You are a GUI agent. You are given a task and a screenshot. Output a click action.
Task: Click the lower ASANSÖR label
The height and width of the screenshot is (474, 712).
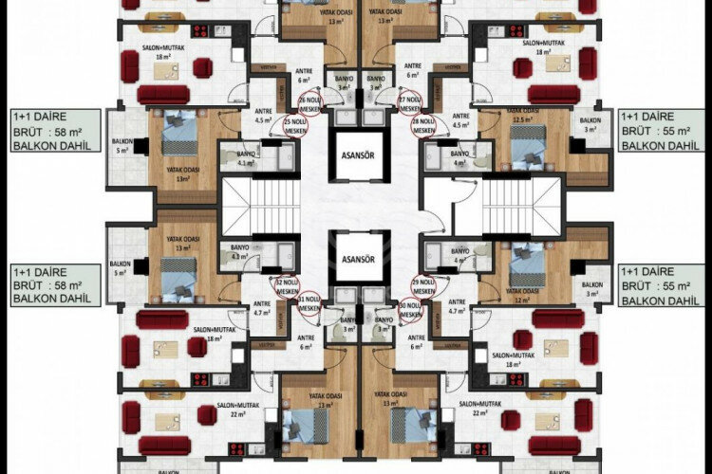click(356, 259)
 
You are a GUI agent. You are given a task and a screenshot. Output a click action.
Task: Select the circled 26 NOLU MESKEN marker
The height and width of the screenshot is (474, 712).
click(309, 101)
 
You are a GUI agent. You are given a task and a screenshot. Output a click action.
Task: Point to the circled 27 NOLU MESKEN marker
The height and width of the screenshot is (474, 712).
click(409, 101)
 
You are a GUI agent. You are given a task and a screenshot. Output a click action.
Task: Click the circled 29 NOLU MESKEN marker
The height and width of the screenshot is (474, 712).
click(422, 284)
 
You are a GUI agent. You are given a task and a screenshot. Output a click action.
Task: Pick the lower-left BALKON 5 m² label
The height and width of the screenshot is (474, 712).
click(121, 269)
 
